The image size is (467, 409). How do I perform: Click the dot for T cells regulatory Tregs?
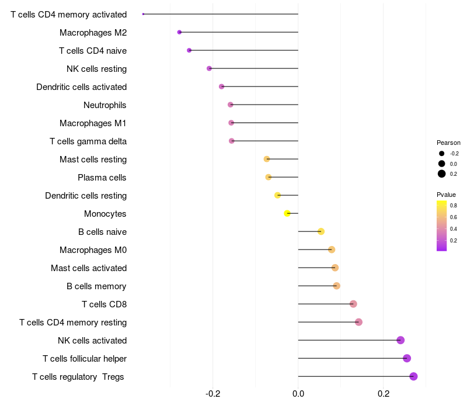(x=413, y=376)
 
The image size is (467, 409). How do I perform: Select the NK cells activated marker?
(x=400, y=340)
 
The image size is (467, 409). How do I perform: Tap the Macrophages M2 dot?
(x=179, y=32)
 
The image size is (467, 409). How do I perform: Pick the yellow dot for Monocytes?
(x=287, y=213)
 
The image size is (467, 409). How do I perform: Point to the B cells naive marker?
(x=320, y=231)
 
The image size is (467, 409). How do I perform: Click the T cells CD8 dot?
(x=353, y=304)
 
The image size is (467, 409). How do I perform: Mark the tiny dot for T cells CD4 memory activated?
(x=143, y=14)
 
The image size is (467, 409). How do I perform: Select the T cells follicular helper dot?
(x=407, y=358)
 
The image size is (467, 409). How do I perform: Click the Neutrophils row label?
(x=105, y=105)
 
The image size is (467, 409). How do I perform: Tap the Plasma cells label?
(x=102, y=178)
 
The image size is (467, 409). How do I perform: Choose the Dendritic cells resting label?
(x=86, y=196)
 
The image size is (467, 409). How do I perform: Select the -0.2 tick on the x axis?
(x=213, y=394)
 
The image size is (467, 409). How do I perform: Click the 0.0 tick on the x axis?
(x=298, y=394)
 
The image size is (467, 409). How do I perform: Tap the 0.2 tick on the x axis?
(x=384, y=394)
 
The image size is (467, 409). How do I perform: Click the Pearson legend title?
(x=448, y=143)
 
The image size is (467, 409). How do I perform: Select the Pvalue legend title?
(x=446, y=195)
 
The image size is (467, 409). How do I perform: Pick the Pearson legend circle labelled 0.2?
(x=442, y=174)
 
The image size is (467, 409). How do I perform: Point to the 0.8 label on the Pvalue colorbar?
(x=453, y=206)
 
